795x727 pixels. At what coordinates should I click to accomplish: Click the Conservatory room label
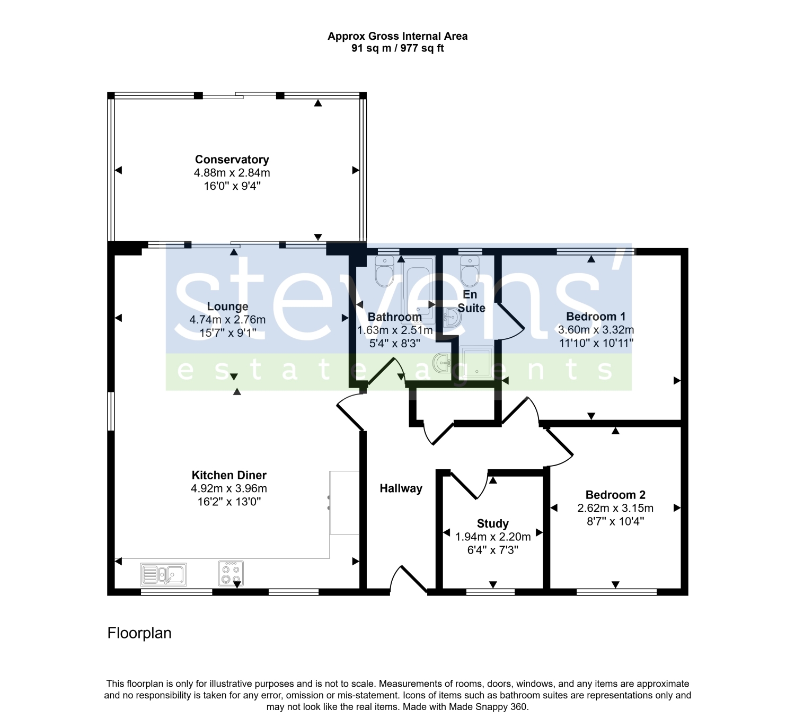click(x=232, y=160)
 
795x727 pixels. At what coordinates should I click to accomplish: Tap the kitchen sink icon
click(x=163, y=574)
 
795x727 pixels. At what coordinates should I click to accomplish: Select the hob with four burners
click(x=231, y=574)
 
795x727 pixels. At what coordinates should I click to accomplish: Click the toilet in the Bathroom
click(x=384, y=271)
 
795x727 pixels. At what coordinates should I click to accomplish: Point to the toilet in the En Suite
click(x=470, y=271)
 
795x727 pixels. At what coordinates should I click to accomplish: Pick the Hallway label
click(x=401, y=488)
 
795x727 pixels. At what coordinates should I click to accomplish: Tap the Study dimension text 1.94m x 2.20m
click(x=492, y=537)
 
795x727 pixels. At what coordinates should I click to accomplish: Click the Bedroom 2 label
click(x=615, y=495)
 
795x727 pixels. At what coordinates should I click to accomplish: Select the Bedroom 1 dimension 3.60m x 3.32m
click(x=596, y=330)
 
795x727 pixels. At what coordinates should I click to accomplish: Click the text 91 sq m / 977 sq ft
click(x=397, y=48)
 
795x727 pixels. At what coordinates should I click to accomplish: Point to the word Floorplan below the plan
click(x=139, y=633)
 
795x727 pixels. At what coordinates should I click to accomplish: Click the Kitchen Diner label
click(x=229, y=475)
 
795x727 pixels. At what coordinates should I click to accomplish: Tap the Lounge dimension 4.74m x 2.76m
click(x=227, y=319)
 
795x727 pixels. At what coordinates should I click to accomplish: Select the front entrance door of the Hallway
click(x=408, y=580)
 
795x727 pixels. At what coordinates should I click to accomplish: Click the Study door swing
click(x=469, y=485)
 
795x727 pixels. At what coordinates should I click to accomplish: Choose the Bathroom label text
click(x=395, y=317)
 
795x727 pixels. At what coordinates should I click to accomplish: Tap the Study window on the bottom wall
click(x=490, y=592)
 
